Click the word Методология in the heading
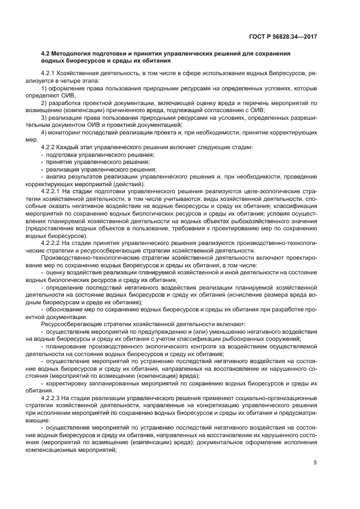72,54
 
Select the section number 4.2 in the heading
46,54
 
